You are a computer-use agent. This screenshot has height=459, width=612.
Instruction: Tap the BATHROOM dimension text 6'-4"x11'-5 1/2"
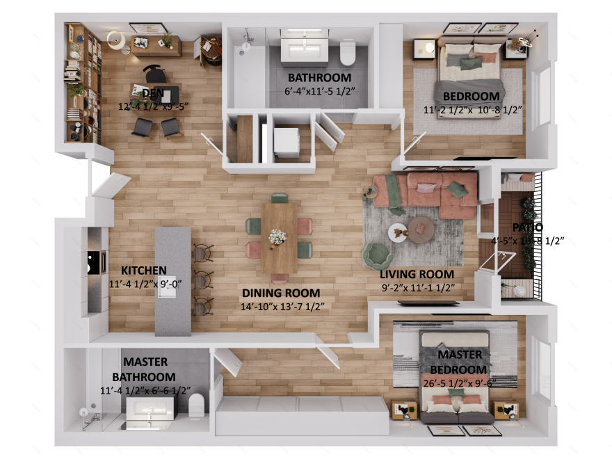[319, 91]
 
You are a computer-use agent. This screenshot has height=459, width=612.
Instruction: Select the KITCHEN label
[143, 270]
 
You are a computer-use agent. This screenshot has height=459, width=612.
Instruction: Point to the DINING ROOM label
[281, 293]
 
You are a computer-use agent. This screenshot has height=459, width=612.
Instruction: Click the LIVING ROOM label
[417, 274]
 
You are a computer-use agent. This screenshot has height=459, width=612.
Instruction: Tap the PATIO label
[527, 227]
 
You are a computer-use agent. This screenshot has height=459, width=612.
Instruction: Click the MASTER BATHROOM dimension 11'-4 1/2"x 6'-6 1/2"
[145, 391]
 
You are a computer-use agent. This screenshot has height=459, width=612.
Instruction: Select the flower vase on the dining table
[277, 236]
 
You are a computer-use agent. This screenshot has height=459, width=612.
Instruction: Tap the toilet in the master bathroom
[197, 405]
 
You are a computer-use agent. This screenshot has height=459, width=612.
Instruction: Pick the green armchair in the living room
[378, 256]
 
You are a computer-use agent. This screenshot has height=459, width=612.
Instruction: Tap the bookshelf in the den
[83, 82]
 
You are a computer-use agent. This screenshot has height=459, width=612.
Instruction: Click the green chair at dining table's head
[280, 199]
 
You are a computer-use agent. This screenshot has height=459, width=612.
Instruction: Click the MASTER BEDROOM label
[456, 362]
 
